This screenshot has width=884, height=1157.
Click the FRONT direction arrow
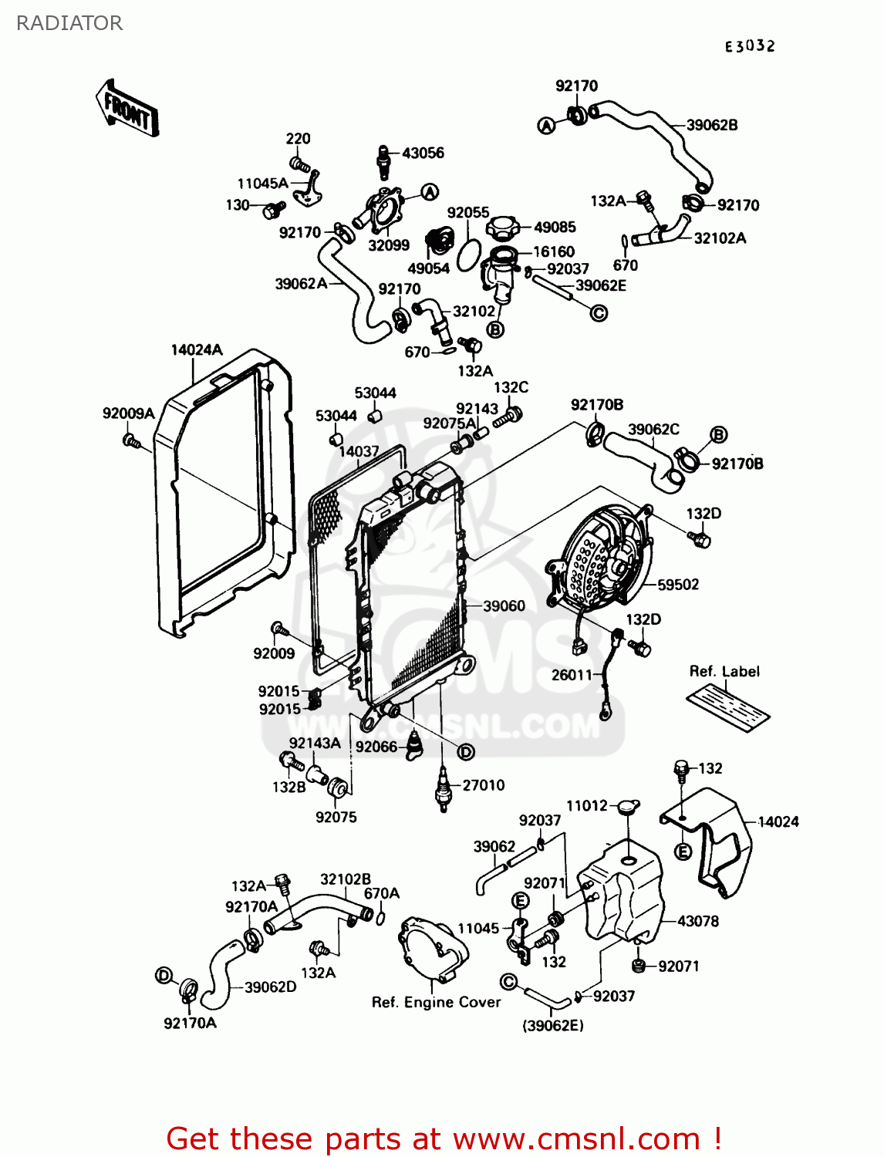(x=128, y=110)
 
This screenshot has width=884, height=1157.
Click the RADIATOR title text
(x=69, y=23)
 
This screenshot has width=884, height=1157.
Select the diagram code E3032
(x=749, y=46)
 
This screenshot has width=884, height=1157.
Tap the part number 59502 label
(x=678, y=585)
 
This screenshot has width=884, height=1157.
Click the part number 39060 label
(x=504, y=606)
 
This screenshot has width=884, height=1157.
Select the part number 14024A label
(x=196, y=349)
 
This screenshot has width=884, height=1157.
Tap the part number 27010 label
(x=484, y=785)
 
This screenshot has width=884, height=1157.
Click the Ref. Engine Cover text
(x=436, y=1002)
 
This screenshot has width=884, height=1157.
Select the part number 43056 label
(x=423, y=153)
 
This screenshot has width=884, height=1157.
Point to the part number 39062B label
(x=711, y=125)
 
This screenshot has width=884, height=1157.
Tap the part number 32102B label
(x=346, y=879)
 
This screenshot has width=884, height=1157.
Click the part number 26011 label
(x=572, y=675)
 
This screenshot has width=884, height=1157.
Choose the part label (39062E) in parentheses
(x=553, y=1025)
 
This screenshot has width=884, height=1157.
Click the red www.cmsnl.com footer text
(x=444, y=1139)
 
